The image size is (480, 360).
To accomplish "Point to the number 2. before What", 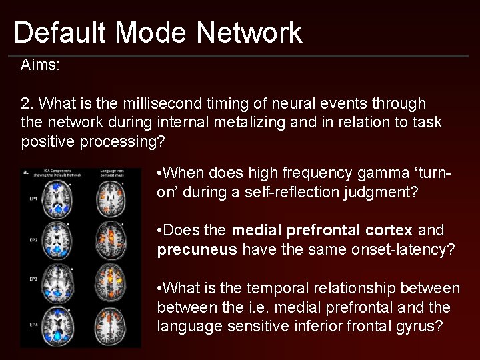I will pyautogui.click(x=27, y=104).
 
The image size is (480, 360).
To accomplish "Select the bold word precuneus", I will pyautogui.click(x=197, y=249).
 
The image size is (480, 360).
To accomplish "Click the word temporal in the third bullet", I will pyautogui.click(x=278, y=288).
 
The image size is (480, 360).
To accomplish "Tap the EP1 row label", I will pyautogui.click(x=31, y=199).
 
